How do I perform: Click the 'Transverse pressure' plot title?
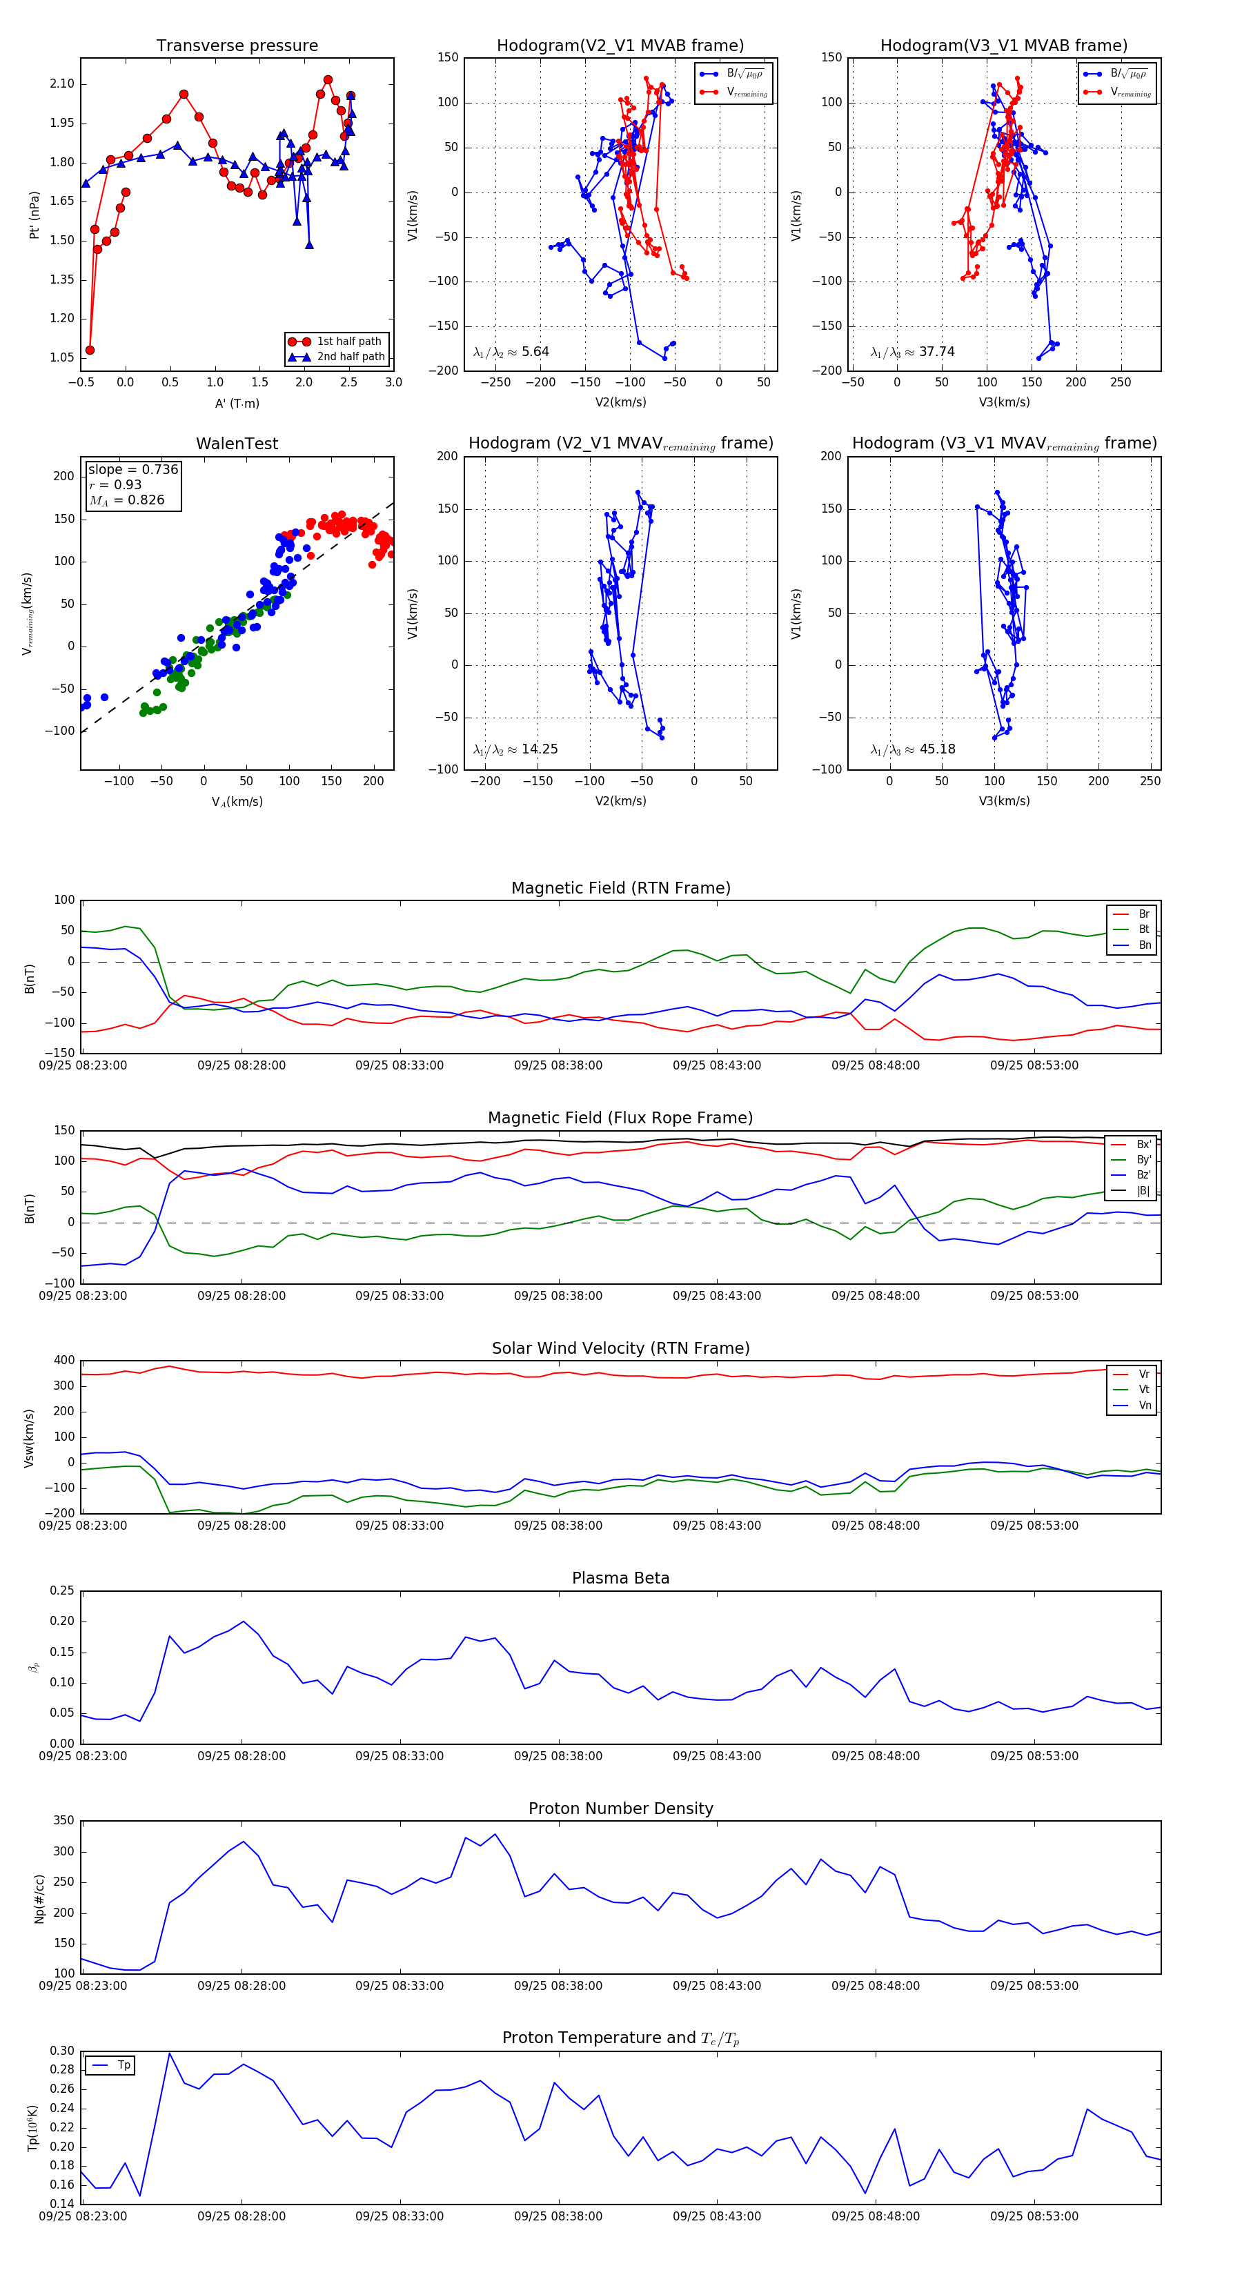pyautogui.click(x=237, y=46)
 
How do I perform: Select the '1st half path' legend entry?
pyautogui.click(x=348, y=341)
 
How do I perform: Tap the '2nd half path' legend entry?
pyautogui.click(x=350, y=357)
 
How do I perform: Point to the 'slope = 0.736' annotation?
pyautogui.click(x=132, y=469)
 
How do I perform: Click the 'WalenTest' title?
pyautogui.click(x=237, y=444)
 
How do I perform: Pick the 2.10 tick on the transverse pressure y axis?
pyautogui.click(x=62, y=84)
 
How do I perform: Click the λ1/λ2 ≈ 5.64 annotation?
pyautogui.click(x=511, y=352)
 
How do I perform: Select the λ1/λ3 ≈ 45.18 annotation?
pyautogui.click(x=912, y=749)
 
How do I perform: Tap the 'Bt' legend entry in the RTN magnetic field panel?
pyautogui.click(x=1143, y=929)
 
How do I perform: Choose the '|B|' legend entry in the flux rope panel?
pyautogui.click(x=1143, y=1191)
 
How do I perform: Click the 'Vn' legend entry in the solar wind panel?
pyautogui.click(x=1144, y=1406)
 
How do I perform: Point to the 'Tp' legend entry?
pyautogui.click(x=123, y=2065)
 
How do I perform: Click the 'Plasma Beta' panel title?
pyautogui.click(x=620, y=1579)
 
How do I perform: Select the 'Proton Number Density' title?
pyautogui.click(x=620, y=1808)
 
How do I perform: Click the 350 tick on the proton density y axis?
pyautogui.click(x=63, y=1821)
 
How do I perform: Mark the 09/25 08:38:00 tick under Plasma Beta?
pyautogui.click(x=558, y=1756)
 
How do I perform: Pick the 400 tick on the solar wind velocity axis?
pyautogui.click(x=63, y=1361)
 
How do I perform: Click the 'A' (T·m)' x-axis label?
pyautogui.click(x=237, y=403)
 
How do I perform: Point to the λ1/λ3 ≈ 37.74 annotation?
pyautogui.click(x=912, y=352)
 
